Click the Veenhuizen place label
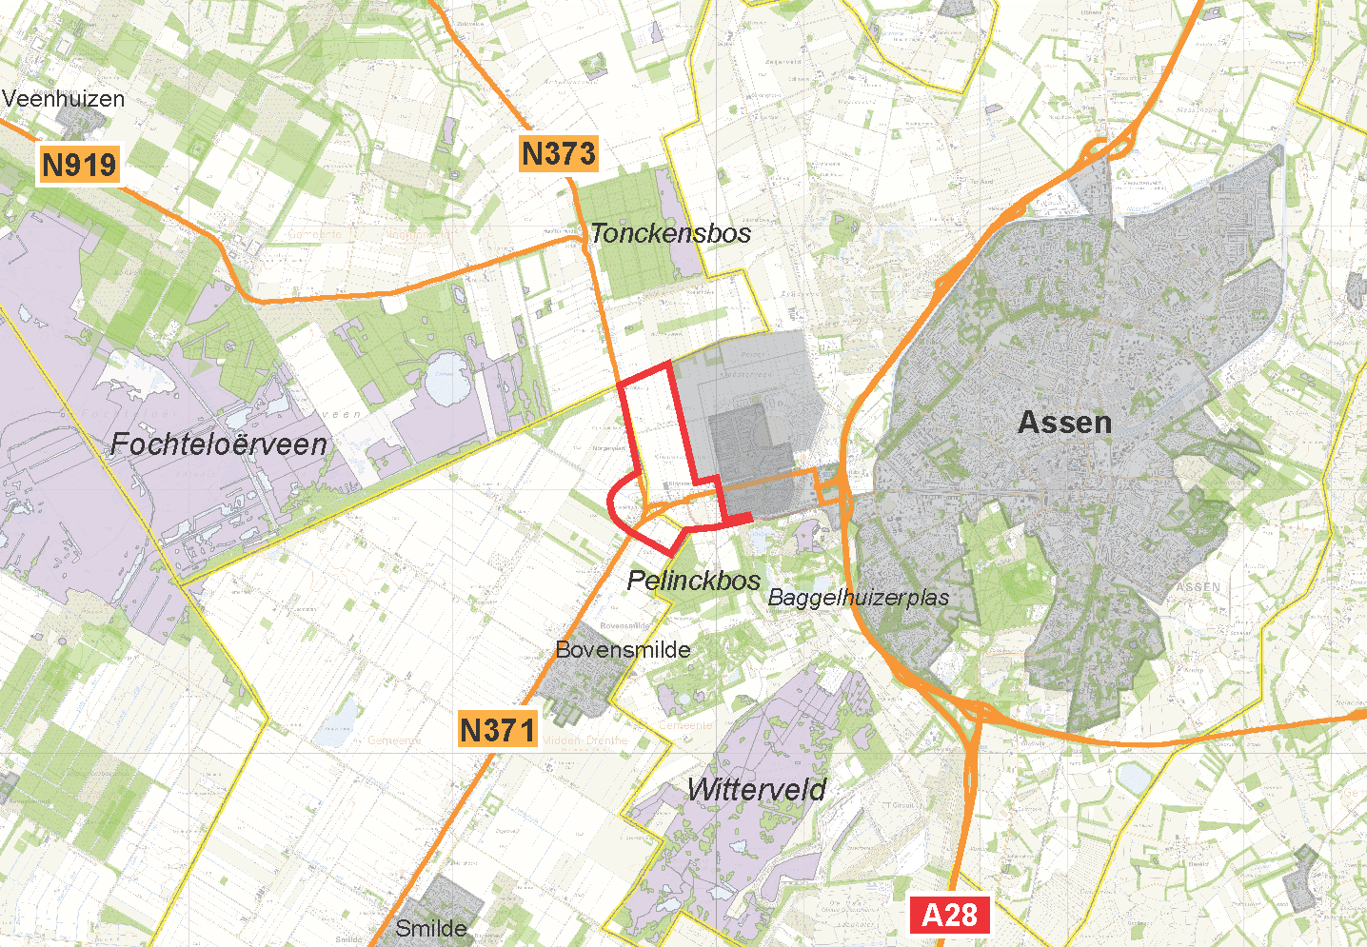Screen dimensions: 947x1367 point(64,99)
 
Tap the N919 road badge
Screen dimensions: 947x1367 point(80,165)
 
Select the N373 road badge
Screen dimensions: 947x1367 point(559,153)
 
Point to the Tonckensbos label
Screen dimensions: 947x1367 point(670,233)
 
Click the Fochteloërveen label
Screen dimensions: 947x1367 point(219,444)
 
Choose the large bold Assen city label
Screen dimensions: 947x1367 point(1064,423)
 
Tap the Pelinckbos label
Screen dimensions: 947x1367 point(694,581)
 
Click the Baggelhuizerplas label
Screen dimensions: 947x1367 point(858,598)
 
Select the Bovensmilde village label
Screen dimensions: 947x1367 point(623,650)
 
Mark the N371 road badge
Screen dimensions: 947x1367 point(497,730)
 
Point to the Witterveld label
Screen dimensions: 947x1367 point(757,789)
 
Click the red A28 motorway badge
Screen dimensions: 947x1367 point(949,915)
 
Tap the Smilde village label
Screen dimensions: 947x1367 point(431,928)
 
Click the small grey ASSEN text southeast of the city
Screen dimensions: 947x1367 point(1198,587)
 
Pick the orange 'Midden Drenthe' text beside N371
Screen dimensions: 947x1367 point(585,740)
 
